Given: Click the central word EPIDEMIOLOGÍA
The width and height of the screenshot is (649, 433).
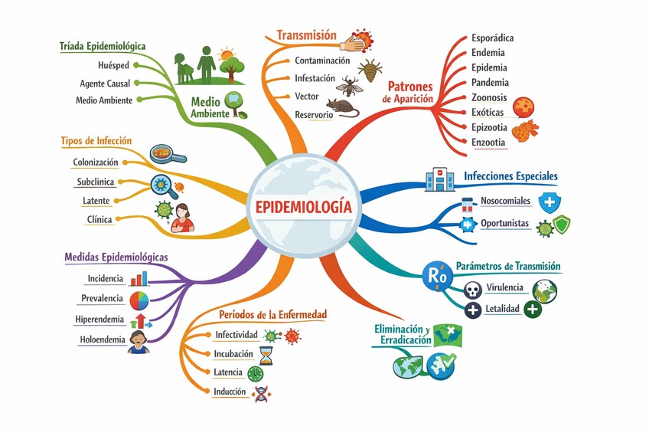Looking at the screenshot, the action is (x=305, y=207).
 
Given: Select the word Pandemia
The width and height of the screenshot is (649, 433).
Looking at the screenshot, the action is (x=491, y=82).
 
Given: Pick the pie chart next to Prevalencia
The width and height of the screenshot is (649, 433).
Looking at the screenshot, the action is (x=139, y=299).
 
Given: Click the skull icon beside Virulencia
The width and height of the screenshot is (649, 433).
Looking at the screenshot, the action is (x=473, y=290).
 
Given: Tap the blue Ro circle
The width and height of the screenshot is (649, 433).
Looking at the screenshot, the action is (x=436, y=274).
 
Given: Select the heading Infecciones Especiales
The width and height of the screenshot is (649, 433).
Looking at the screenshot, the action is (x=510, y=176).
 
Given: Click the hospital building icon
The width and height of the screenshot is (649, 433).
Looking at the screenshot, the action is (x=439, y=179).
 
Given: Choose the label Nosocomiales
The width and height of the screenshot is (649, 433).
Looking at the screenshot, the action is (x=505, y=202).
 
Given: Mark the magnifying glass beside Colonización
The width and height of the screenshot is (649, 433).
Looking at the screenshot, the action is (x=168, y=154).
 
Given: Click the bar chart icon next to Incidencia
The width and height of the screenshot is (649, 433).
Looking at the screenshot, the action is (x=139, y=278).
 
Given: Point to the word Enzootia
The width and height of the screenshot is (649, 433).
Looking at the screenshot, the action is (x=488, y=142).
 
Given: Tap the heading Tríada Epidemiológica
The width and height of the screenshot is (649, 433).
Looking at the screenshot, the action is (x=103, y=47).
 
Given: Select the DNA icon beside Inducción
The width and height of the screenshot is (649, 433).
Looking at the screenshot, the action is (x=263, y=392).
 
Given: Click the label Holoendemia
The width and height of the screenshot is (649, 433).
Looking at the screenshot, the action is (x=102, y=340).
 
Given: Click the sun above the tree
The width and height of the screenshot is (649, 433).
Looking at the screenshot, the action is (x=226, y=54).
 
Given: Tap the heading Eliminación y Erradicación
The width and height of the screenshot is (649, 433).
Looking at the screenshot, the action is (x=401, y=335).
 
